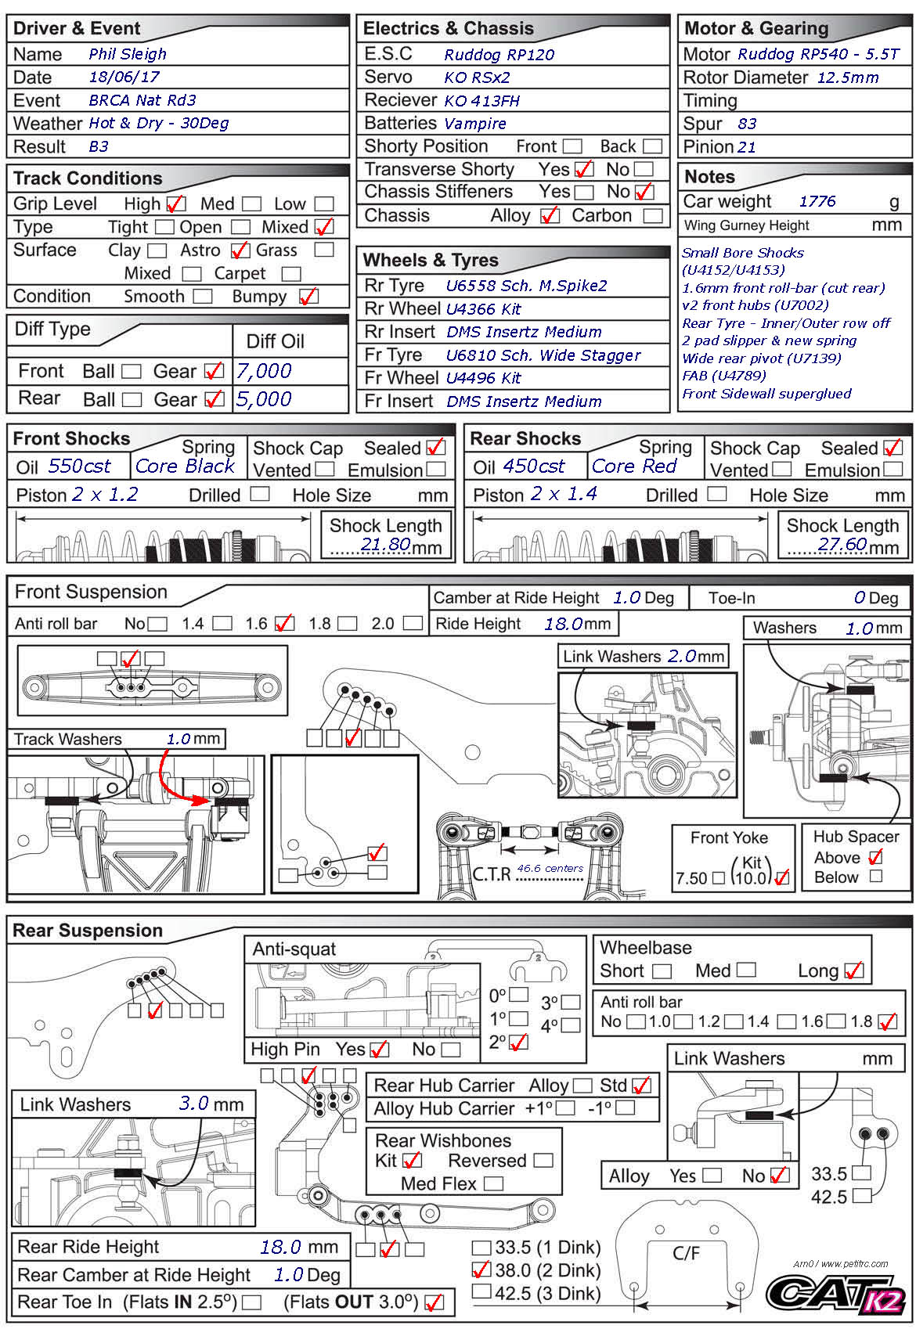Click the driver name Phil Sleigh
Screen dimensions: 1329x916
(128, 54)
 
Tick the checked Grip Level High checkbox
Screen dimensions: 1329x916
(176, 204)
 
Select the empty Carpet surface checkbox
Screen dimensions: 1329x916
(291, 274)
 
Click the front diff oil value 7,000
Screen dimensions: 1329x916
(264, 371)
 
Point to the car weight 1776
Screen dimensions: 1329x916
(817, 202)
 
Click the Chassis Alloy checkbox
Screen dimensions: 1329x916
(550, 216)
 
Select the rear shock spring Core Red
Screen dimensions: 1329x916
(633, 466)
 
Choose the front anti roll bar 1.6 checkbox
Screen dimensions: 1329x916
(284, 624)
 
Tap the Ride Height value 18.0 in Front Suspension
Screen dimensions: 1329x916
(563, 624)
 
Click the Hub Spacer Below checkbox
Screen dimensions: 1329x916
(876, 877)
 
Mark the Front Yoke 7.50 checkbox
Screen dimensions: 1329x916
(718, 878)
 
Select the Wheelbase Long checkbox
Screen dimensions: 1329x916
(854, 971)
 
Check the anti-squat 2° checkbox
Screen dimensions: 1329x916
(518, 1043)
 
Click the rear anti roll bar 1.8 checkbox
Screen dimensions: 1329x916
(887, 1022)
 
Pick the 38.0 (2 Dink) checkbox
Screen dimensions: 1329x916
(481, 1270)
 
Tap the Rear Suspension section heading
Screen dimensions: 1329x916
(88, 931)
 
